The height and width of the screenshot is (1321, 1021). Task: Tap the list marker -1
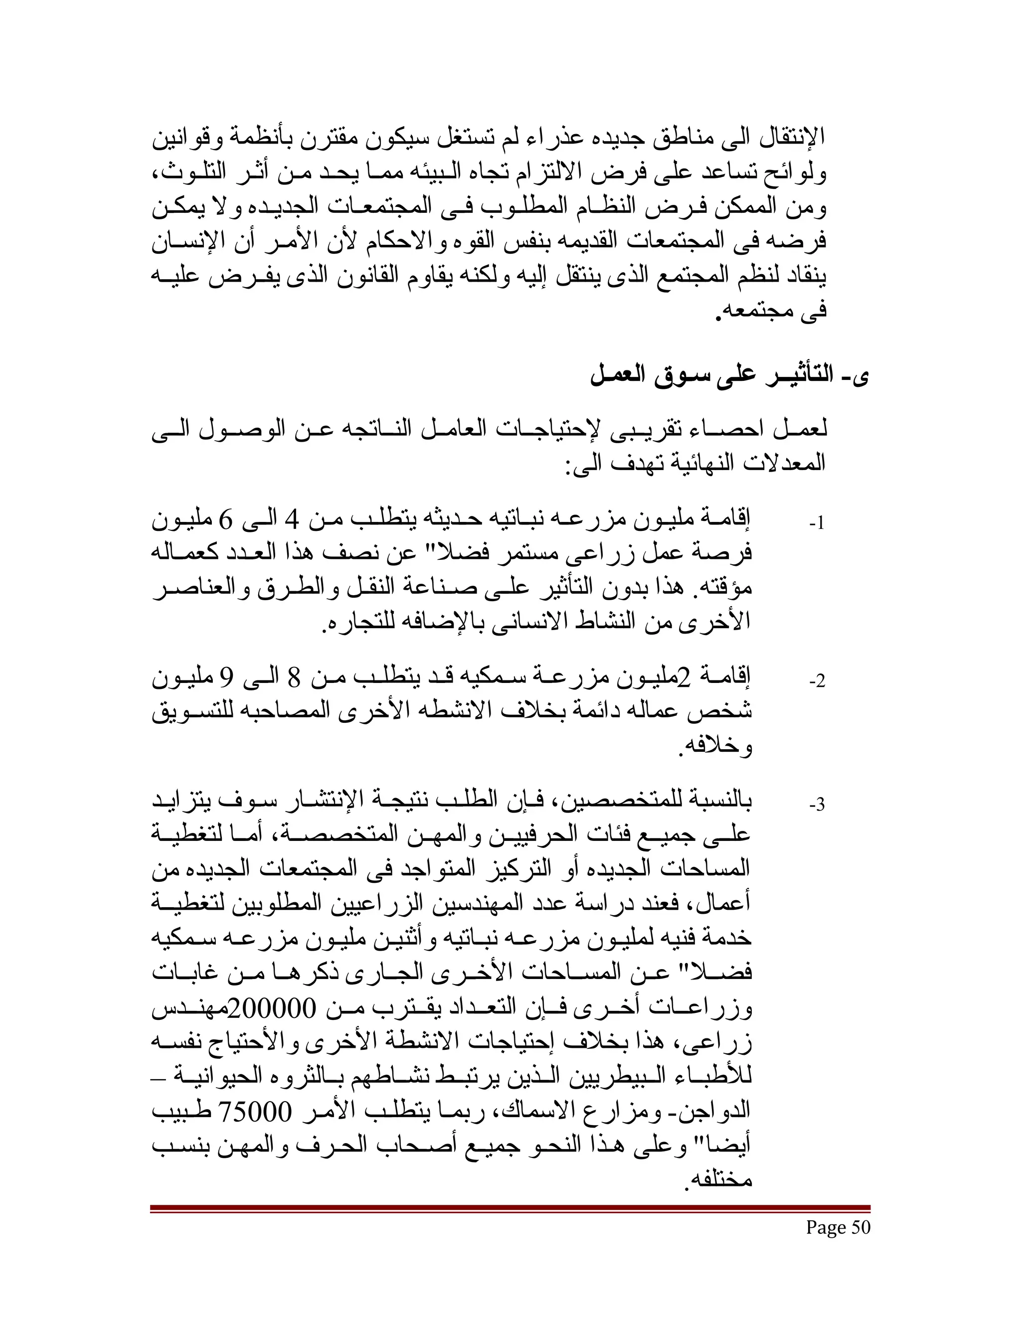817,524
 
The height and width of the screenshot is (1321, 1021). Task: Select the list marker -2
817,681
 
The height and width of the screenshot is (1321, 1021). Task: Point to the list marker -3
817,805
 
